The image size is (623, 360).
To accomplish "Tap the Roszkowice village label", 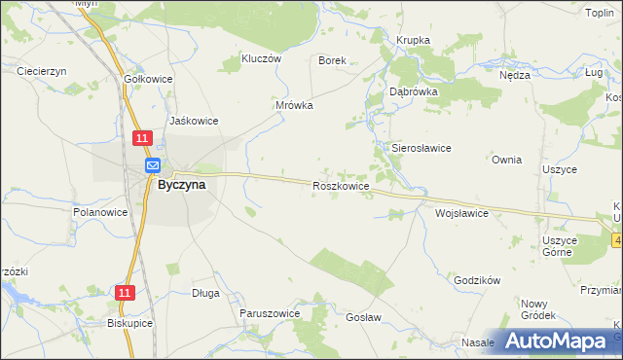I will pyautogui.click(x=340, y=185).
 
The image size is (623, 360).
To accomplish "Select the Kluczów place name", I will pyautogui.click(x=261, y=58).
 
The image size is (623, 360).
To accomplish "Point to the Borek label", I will pyautogui.click(x=333, y=60).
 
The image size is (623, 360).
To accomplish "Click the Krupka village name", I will pyautogui.click(x=413, y=40).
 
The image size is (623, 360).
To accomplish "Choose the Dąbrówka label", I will pyautogui.click(x=414, y=90).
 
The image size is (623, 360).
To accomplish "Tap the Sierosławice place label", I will pyautogui.click(x=420, y=148).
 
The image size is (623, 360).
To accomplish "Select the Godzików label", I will pyautogui.click(x=477, y=280).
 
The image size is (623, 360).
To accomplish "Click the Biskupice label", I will pyautogui.click(x=131, y=323).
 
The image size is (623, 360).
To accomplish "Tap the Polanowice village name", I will pyautogui.click(x=101, y=211).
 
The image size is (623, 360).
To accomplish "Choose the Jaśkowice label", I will pyautogui.click(x=194, y=121).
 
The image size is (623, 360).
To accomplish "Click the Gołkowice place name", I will pyautogui.click(x=149, y=79).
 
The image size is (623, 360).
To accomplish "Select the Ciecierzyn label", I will pyautogui.click(x=41, y=71).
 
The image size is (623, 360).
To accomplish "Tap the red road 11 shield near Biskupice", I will pyautogui.click(x=125, y=292).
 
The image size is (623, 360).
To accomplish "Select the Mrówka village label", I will pyautogui.click(x=294, y=105).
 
